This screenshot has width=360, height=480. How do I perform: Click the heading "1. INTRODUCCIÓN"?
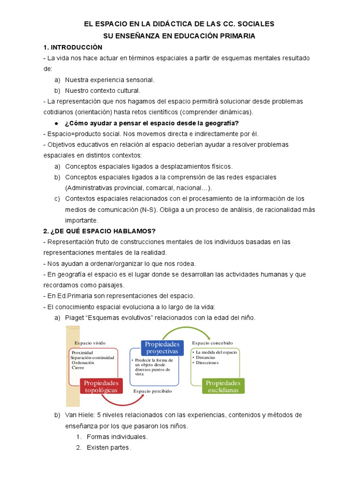click(x=72, y=47)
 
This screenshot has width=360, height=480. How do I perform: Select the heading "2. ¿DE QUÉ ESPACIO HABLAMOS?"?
click(x=99, y=231)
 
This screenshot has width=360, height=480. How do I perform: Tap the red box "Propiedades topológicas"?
click(x=101, y=386)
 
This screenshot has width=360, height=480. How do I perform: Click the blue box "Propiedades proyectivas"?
click(x=162, y=348)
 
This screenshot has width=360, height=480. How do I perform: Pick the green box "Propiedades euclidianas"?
click(x=223, y=386)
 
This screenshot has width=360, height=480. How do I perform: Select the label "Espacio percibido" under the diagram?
click(x=152, y=390)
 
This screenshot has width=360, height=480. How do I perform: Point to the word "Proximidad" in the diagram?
click(x=82, y=352)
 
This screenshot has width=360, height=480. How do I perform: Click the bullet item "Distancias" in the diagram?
click(x=205, y=357)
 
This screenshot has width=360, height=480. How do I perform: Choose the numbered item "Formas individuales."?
click(x=117, y=437)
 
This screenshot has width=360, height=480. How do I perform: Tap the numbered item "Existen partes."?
click(x=108, y=448)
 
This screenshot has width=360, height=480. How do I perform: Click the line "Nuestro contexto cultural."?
click(x=103, y=90)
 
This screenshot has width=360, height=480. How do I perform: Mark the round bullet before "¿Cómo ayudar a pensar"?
click(x=56, y=123)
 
